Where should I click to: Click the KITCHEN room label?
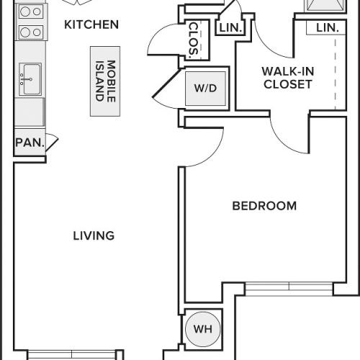click(x=91, y=24)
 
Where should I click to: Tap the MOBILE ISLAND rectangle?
click(x=105, y=81)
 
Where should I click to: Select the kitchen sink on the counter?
click(x=30, y=77)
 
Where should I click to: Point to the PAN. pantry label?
click(x=30, y=143)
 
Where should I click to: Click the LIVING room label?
click(x=94, y=235)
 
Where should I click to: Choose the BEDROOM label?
click(x=264, y=206)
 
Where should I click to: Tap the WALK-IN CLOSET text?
click(x=287, y=78)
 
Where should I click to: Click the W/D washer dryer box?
click(x=204, y=89)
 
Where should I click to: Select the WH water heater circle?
click(x=204, y=329)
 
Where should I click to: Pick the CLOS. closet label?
click(x=195, y=39)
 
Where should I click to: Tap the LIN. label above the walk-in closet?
click(x=328, y=27)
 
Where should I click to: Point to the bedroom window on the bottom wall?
click(x=289, y=288)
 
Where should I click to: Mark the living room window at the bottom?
click(x=71, y=354)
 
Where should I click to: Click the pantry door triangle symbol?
click(x=52, y=142)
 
